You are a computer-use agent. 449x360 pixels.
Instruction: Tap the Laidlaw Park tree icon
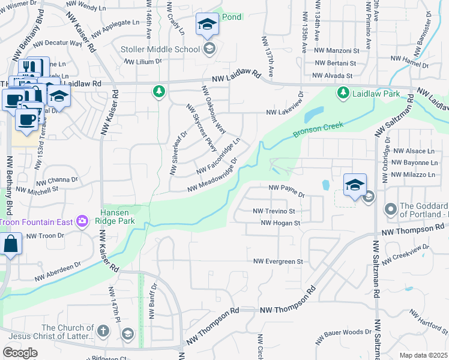point(343,92)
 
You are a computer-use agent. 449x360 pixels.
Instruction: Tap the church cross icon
point(103,331)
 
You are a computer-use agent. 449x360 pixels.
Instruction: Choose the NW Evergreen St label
point(278,262)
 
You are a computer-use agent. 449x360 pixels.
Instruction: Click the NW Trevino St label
point(274,211)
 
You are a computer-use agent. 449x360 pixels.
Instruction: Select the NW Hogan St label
point(280,223)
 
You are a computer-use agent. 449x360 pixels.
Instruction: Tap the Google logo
point(20,352)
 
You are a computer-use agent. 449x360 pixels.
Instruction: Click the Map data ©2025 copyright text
point(423,355)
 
